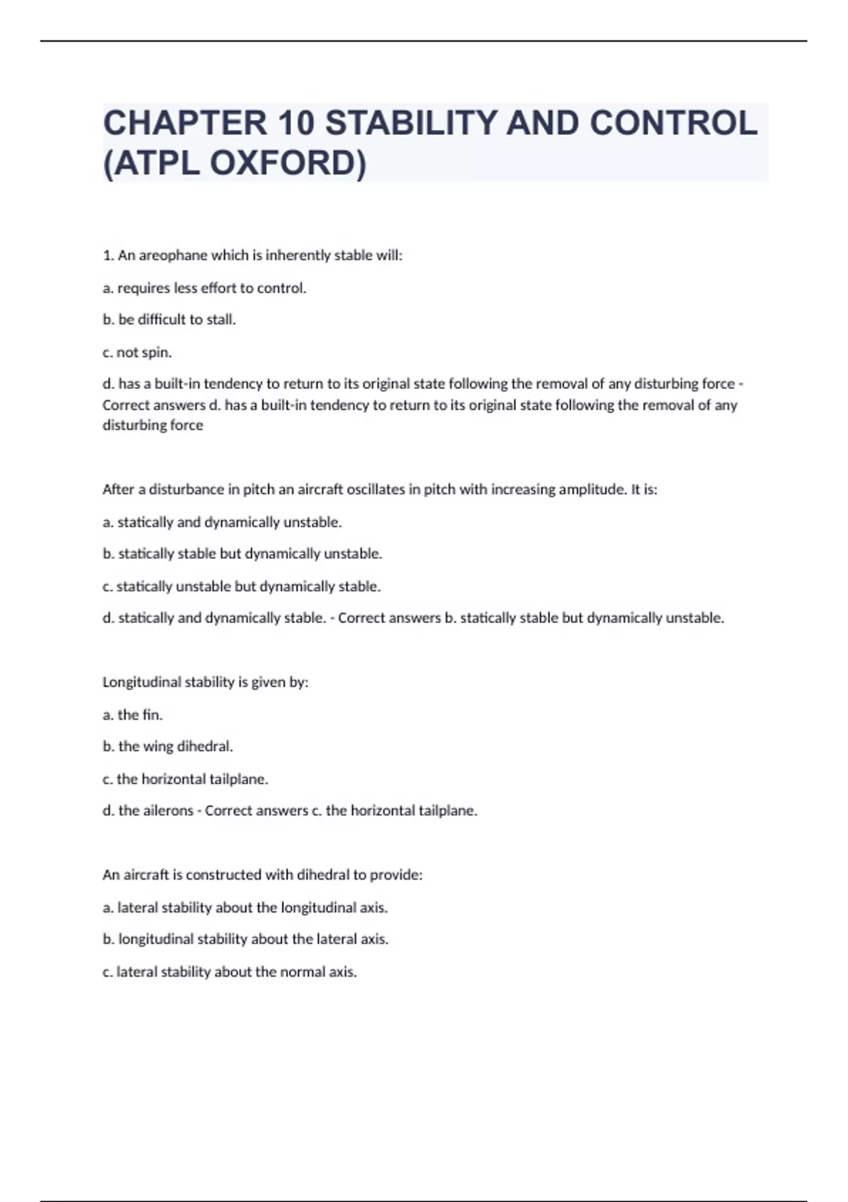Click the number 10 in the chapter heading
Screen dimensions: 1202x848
point(295,123)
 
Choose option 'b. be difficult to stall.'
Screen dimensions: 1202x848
point(170,320)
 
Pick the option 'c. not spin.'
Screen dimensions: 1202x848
point(137,352)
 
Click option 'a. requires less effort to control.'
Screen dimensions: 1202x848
point(204,288)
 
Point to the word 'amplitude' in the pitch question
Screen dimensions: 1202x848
point(591,489)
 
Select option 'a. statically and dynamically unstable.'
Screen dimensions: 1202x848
point(222,523)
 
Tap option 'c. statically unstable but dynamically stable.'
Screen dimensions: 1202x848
point(242,586)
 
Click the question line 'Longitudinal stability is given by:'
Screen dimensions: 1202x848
point(206,682)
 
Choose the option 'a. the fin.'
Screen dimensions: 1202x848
point(133,715)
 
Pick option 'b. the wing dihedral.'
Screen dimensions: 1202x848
point(167,747)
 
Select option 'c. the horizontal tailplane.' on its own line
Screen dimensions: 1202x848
point(185,779)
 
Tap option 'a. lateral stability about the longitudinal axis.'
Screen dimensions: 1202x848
point(245,907)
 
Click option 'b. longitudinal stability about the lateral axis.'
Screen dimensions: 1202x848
point(245,939)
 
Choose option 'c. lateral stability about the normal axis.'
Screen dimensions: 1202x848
point(230,972)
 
